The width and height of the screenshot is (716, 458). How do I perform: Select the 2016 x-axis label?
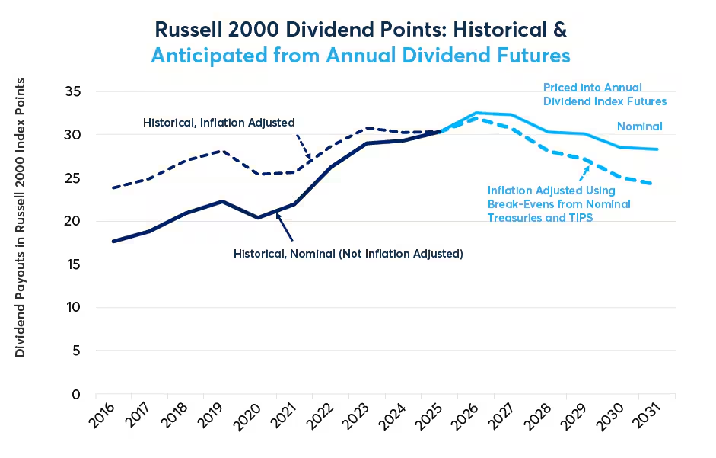click(101, 416)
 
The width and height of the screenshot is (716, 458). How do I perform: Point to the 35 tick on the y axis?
click(72, 91)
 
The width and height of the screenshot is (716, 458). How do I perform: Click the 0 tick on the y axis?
click(76, 395)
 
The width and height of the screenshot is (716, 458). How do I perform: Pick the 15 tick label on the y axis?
click(72, 264)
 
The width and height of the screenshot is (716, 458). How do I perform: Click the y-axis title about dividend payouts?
click(20, 218)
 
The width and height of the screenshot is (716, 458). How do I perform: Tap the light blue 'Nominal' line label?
click(639, 127)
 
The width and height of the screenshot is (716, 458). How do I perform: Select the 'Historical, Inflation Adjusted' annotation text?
click(218, 123)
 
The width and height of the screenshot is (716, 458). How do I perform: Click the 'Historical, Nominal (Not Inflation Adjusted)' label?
click(348, 254)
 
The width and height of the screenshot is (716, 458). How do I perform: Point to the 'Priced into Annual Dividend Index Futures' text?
click(605, 94)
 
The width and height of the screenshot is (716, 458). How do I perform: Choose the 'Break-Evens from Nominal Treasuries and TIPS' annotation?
click(559, 211)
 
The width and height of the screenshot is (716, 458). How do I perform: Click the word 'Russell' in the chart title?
click(188, 30)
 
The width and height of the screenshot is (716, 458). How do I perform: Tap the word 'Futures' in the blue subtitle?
click(534, 56)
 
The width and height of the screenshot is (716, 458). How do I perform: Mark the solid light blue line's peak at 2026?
click(476, 113)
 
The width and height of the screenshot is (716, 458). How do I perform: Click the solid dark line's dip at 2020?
click(258, 218)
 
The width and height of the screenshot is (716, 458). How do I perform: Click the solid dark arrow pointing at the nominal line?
click(284, 227)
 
